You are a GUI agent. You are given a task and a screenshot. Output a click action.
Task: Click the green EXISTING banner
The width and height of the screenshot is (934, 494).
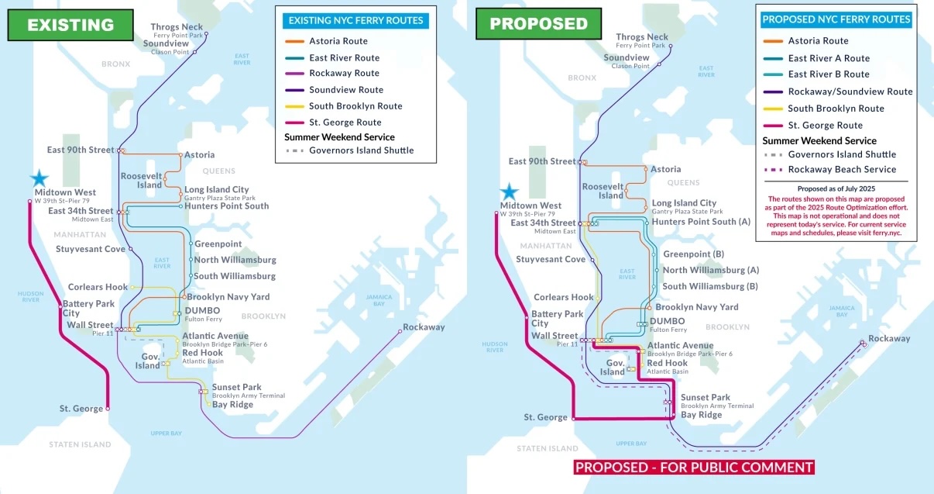tap(70, 25)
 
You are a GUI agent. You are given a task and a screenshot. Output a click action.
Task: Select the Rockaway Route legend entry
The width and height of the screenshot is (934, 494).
tap(344, 74)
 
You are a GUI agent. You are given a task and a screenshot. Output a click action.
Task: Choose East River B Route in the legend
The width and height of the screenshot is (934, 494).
tap(829, 74)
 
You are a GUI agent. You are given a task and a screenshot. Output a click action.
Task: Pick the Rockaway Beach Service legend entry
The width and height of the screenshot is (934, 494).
tap(842, 170)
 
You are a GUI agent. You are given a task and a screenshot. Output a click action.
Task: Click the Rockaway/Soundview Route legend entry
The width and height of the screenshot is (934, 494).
tap(850, 92)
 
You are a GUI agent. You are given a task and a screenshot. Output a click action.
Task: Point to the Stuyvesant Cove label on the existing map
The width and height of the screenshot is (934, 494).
tap(91, 250)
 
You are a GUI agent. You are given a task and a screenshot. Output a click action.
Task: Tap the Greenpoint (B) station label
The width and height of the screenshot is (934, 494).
tap(693, 254)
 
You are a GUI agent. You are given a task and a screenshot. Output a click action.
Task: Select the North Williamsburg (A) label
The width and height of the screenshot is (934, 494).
tap(710, 271)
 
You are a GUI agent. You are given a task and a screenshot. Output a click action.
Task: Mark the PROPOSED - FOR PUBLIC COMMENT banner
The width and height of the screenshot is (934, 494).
tap(694, 467)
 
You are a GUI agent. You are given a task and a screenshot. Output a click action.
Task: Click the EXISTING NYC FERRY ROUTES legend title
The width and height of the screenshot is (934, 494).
tap(355, 21)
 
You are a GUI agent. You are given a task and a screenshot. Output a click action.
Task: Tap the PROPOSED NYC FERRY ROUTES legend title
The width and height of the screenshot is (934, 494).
tap(836, 19)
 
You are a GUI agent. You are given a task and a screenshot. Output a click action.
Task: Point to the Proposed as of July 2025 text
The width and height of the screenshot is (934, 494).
tap(836, 188)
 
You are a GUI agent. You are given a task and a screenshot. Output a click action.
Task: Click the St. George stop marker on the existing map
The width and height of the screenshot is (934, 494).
tap(108, 408)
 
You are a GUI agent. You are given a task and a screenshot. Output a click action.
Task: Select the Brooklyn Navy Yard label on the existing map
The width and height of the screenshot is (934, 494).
tap(228, 297)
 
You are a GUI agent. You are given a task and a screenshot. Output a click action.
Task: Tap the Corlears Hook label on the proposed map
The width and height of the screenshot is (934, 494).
tap(563, 298)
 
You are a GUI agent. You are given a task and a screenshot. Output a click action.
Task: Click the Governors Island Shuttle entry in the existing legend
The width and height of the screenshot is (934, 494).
tap(361, 150)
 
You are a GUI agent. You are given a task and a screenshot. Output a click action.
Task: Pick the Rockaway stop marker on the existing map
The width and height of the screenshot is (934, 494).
tap(400, 331)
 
